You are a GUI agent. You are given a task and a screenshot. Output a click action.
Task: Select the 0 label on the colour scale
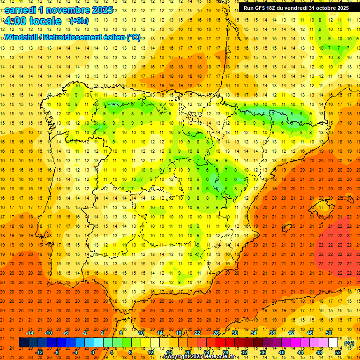(x=92, y=352)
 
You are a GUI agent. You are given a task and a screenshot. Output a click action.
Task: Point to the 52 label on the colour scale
(x=338, y=352)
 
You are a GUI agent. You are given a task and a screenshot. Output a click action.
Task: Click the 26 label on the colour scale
(x=216, y=333)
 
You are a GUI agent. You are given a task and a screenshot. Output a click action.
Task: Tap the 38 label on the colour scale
(x=272, y=333)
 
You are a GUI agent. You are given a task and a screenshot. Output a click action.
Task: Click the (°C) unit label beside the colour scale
(x=349, y=343)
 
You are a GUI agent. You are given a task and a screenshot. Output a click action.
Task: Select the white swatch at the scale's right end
(x=333, y=343)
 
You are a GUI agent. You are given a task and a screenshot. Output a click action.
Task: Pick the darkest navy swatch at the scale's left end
(x=23, y=343)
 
